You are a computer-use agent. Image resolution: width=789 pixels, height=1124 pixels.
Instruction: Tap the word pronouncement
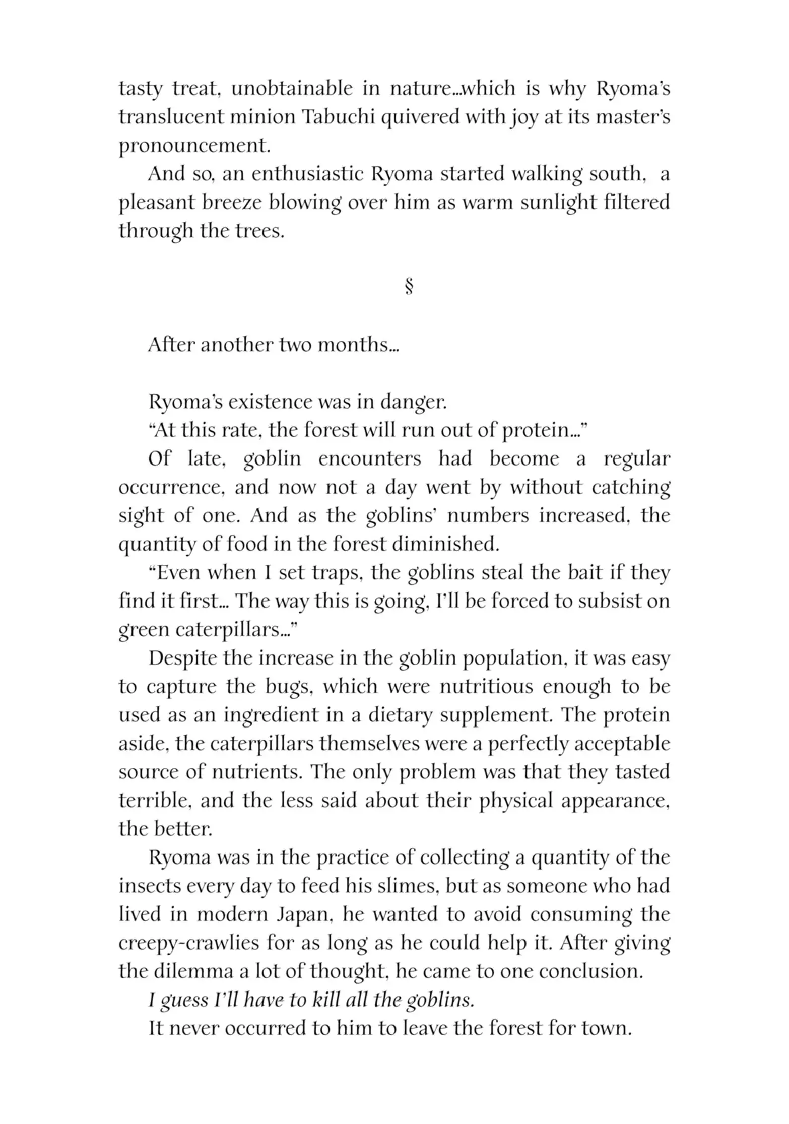tap(194, 146)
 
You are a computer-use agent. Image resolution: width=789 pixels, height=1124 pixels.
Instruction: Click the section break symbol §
tap(409, 287)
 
